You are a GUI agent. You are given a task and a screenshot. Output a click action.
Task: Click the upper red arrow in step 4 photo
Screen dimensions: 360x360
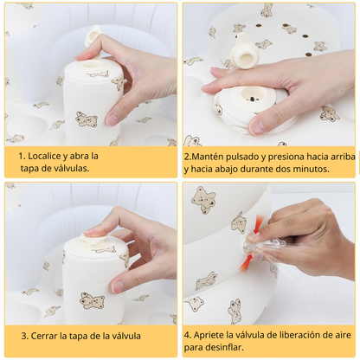(x=256, y=228)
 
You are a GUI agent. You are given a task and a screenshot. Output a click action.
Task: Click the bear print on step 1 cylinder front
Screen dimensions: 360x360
(x=86, y=119)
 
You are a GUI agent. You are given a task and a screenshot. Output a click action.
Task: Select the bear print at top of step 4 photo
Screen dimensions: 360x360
(x=204, y=199)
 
